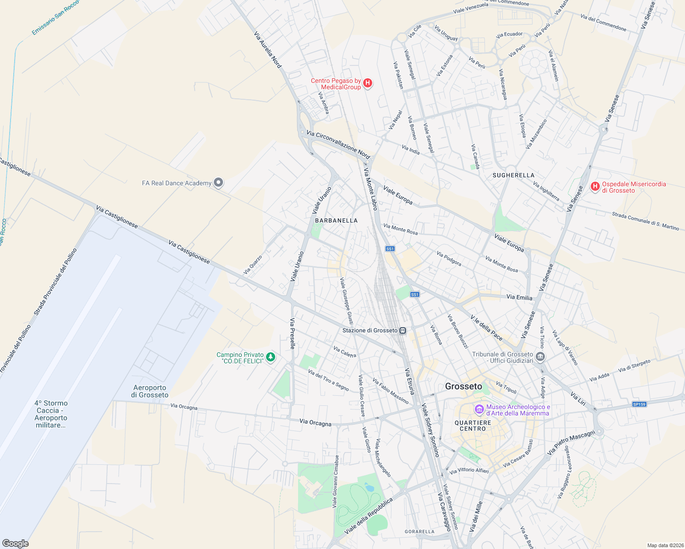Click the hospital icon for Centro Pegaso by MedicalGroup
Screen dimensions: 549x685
367,83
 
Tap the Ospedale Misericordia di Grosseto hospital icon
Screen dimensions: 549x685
595,186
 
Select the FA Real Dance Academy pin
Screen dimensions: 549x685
219,183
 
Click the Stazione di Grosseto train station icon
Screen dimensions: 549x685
402,330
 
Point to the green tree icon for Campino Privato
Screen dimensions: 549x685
271,357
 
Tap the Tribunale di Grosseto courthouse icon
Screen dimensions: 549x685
540,356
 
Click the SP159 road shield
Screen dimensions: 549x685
639,404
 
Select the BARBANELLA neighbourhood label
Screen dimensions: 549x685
336,221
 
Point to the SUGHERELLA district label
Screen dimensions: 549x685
513,175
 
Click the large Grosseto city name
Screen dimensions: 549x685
463,387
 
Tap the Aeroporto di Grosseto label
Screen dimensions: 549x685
150,391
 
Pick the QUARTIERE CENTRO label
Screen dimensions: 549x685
473,425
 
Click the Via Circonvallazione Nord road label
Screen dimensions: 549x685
338,145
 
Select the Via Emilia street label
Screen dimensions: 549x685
519,297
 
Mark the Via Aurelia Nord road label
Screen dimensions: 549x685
267,50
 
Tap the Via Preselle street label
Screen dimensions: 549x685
292,334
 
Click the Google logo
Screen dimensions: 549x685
15,544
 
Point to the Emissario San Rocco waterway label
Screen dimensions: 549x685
55,18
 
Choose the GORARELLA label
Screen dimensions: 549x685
419,532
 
